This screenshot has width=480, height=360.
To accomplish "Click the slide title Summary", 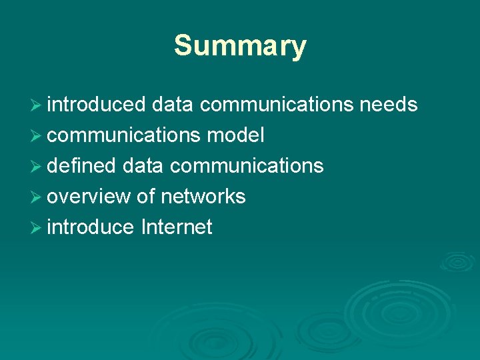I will [x=240, y=47].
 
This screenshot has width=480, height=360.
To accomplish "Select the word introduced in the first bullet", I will [x=97, y=105].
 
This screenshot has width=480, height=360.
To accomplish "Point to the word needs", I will [x=389, y=105].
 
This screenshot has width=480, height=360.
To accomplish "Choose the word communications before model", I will [x=124, y=135].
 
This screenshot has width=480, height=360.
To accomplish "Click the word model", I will [x=235, y=135].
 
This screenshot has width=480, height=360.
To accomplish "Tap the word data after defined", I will [x=143, y=166].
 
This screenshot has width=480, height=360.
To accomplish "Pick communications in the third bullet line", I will [x=247, y=166].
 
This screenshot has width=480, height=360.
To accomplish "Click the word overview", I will [x=89, y=197].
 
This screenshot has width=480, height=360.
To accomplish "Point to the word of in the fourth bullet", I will [x=145, y=197].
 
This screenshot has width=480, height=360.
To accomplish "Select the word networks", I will [x=203, y=197].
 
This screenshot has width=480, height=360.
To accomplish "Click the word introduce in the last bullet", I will [x=91, y=227].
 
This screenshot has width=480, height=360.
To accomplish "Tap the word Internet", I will [x=177, y=227].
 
